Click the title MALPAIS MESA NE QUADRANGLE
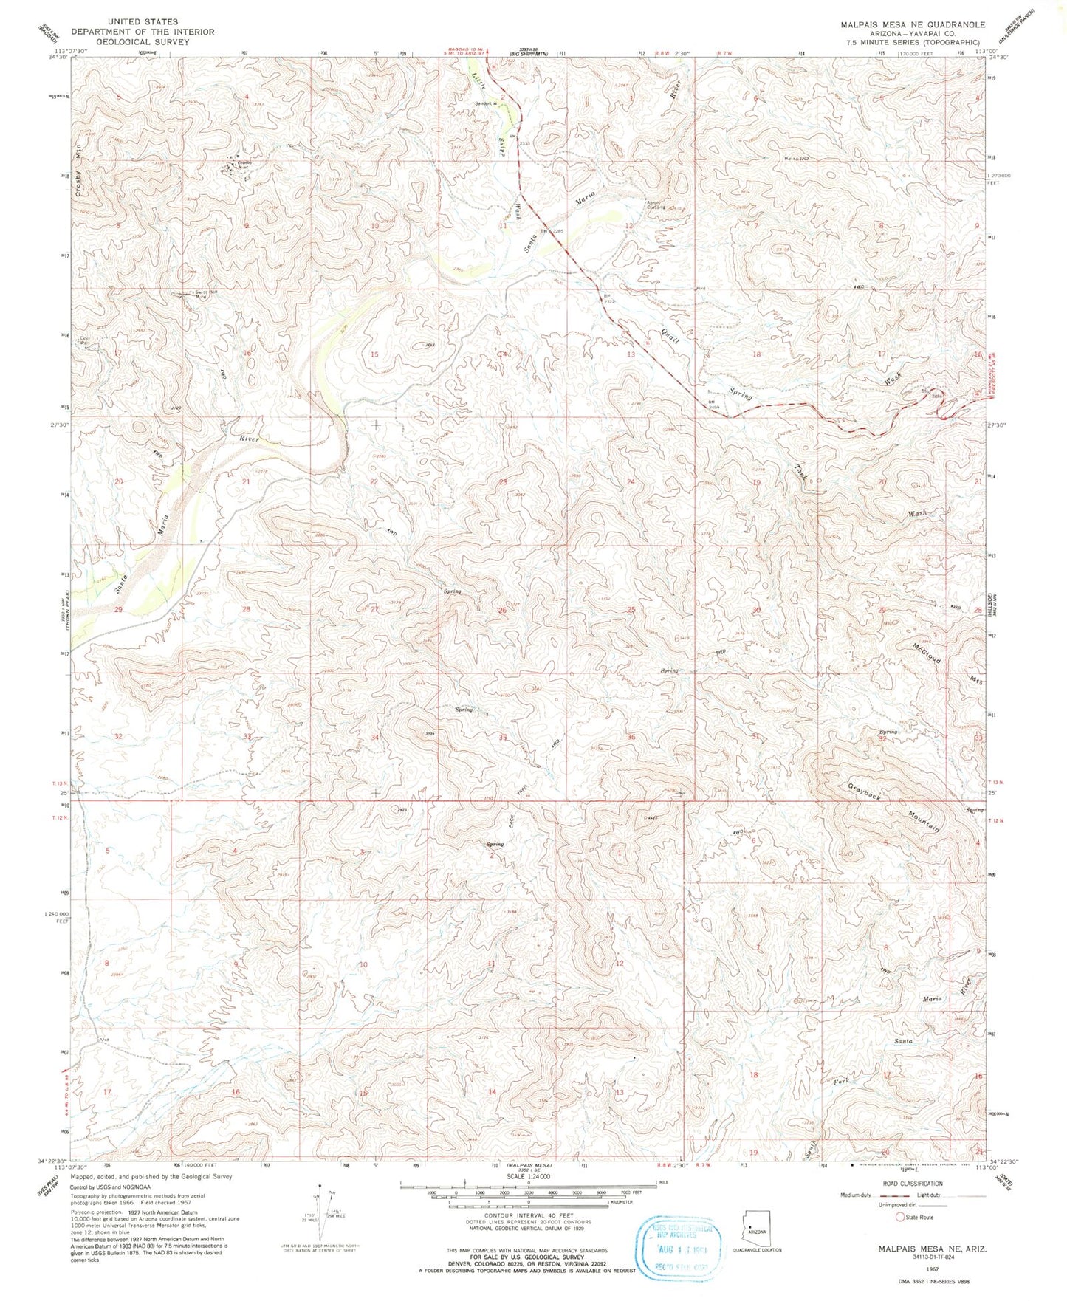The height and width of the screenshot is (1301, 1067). point(912,24)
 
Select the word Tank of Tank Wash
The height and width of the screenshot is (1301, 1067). point(801,473)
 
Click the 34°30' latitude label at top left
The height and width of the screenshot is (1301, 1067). point(58,57)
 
